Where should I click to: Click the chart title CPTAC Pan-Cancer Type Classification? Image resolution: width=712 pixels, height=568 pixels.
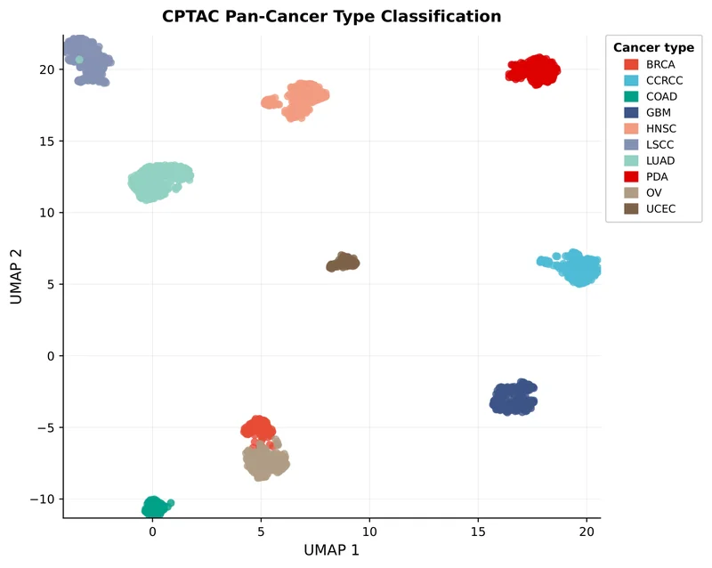coord(331,17)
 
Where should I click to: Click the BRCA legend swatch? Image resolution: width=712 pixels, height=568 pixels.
coord(631,64)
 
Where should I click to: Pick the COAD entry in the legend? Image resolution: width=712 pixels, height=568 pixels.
coord(655,96)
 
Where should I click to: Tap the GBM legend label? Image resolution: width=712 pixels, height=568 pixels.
coord(659,112)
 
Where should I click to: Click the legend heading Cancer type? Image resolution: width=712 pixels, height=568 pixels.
coord(653,48)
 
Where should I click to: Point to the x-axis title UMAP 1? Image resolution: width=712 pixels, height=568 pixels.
coord(331,550)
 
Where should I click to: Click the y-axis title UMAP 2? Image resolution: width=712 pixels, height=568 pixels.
coord(17,277)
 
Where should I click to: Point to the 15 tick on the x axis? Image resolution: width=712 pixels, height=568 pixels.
coord(479,532)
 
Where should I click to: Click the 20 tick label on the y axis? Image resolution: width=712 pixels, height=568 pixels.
coord(44,69)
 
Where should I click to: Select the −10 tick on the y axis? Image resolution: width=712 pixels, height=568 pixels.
coord(41,499)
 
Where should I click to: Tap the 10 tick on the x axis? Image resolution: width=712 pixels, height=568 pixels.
coord(370,532)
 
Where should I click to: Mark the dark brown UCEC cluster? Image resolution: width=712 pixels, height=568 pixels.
coord(343,263)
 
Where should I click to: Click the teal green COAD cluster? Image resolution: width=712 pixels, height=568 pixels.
coord(154,507)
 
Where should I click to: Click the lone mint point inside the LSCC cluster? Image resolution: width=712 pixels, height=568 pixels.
coord(79,60)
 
